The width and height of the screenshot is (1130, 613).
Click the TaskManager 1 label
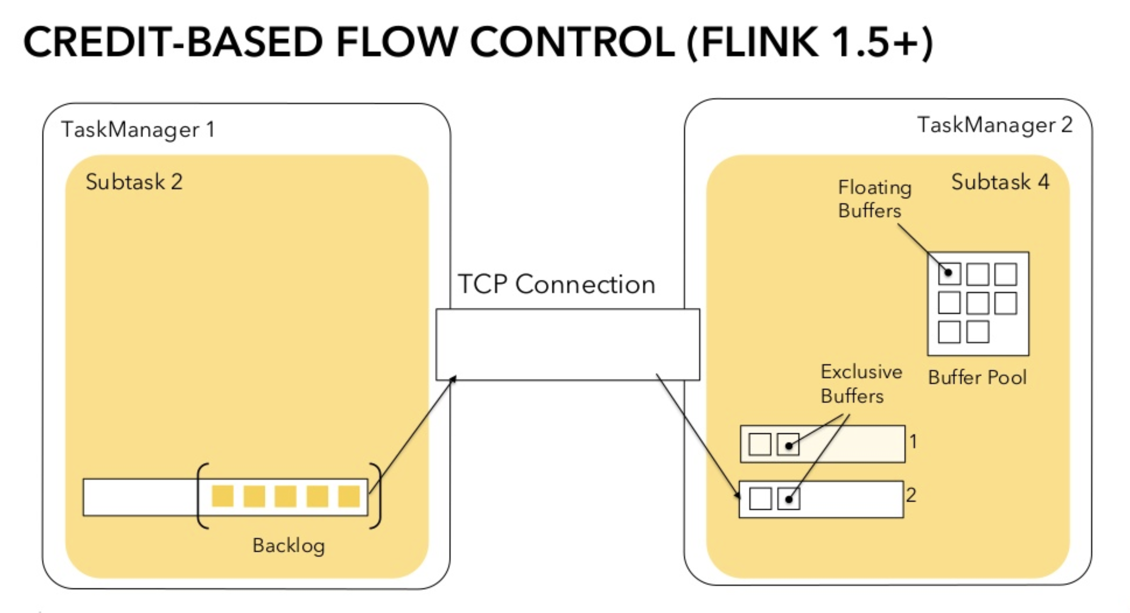click(x=138, y=130)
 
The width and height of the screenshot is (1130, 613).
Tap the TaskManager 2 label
click(x=994, y=125)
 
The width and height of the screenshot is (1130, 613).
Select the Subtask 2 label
click(x=134, y=182)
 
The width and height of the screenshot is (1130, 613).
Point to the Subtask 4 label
click(x=1000, y=182)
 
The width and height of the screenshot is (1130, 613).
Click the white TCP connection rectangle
click(x=567, y=345)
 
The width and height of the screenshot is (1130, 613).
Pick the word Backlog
click(x=288, y=546)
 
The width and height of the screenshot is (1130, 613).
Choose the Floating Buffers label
click(x=874, y=199)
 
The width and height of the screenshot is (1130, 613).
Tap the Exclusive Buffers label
click(x=861, y=384)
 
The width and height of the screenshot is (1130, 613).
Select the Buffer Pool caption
click(x=977, y=377)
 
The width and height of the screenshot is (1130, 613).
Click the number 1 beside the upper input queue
click(x=913, y=442)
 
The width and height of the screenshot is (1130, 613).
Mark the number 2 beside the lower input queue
click(x=911, y=495)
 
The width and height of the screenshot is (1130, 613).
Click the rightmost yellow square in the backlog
click(x=349, y=496)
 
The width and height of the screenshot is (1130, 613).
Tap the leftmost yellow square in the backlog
click(x=222, y=496)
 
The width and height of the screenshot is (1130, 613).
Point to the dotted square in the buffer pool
click(x=949, y=274)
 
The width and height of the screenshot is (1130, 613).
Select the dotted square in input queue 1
click(x=788, y=445)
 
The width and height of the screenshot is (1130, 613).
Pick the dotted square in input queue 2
click(x=789, y=499)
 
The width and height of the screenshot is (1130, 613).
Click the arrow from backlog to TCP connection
click(x=412, y=434)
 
